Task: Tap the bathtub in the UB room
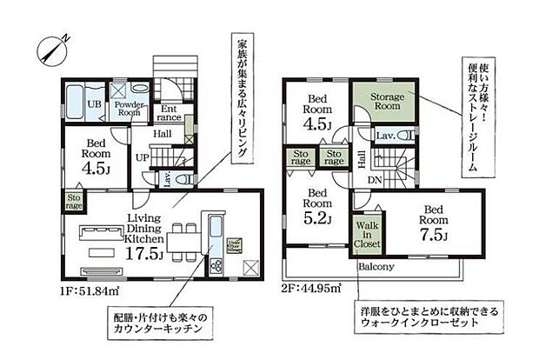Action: click(x=75, y=103)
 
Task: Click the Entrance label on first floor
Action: click(x=170, y=113)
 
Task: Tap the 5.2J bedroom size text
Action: click(x=319, y=218)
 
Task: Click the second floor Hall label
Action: click(x=361, y=158)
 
